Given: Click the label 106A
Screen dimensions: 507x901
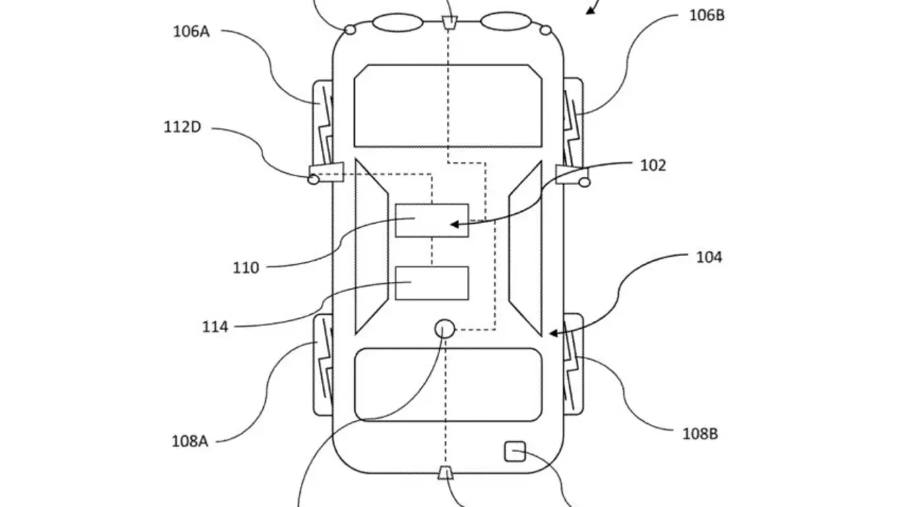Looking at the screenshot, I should [x=191, y=31].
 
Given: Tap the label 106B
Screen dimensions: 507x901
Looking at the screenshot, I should [x=707, y=15].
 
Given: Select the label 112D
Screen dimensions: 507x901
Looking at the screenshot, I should [x=182, y=126].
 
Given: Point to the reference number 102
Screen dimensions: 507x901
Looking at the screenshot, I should [x=653, y=165].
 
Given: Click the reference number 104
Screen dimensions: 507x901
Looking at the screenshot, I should [x=709, y=257].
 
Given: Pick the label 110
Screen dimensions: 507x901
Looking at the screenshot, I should [x=245, y=268].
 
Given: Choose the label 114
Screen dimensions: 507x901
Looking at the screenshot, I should [x=215, y=326].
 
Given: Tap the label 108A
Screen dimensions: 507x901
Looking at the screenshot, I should [x=190, y=441].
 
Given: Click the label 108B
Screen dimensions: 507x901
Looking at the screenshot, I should [x=700, y=434].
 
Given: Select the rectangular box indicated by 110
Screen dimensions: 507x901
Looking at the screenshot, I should [x=432, y=220].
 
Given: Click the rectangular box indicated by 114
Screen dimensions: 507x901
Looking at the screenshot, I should [x=432, y=283].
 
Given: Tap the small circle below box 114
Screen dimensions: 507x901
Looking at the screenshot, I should [x=445, y=328].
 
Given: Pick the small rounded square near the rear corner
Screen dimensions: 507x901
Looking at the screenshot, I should [x=514, y=452].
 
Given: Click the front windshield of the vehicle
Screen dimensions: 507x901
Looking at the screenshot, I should [x=448, y=106].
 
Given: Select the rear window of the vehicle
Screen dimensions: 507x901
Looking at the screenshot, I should [x=448, y=385].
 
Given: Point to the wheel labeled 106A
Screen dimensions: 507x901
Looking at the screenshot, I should [x=322, y=122].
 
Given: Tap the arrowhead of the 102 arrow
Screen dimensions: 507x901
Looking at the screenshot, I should [x=453, y=224].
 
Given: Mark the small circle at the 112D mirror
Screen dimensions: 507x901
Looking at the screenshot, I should [x=314, y=179].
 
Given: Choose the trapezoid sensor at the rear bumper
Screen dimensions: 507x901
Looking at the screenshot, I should [x=447, y=473].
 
